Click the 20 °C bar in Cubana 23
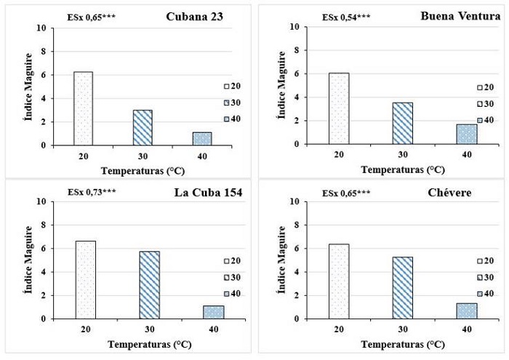(83, 108)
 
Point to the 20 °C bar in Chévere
(338, 281)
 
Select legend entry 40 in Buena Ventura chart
(484, 120)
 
